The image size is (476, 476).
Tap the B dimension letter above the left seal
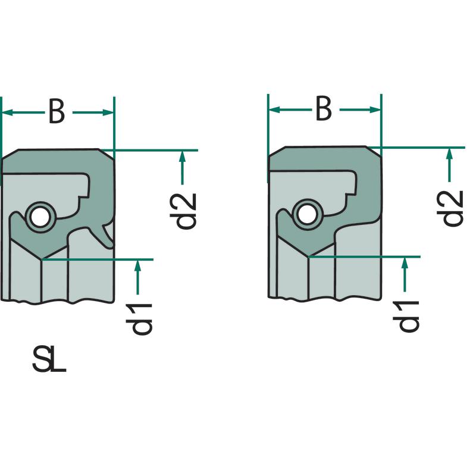(x=57, y=112)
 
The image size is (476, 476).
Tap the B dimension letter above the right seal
(x=324, y=109)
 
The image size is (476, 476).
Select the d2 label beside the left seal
(x=183, y=211)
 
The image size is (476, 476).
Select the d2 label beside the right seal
(x=450, y=208)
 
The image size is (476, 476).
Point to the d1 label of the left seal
(x=139, y=319)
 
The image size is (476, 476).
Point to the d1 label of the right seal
(x=406, y=316)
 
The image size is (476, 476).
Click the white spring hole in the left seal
(x=40, y=218)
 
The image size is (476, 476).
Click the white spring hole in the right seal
(x=306, y=215)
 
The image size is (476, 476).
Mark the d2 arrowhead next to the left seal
(x=182, y=156)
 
